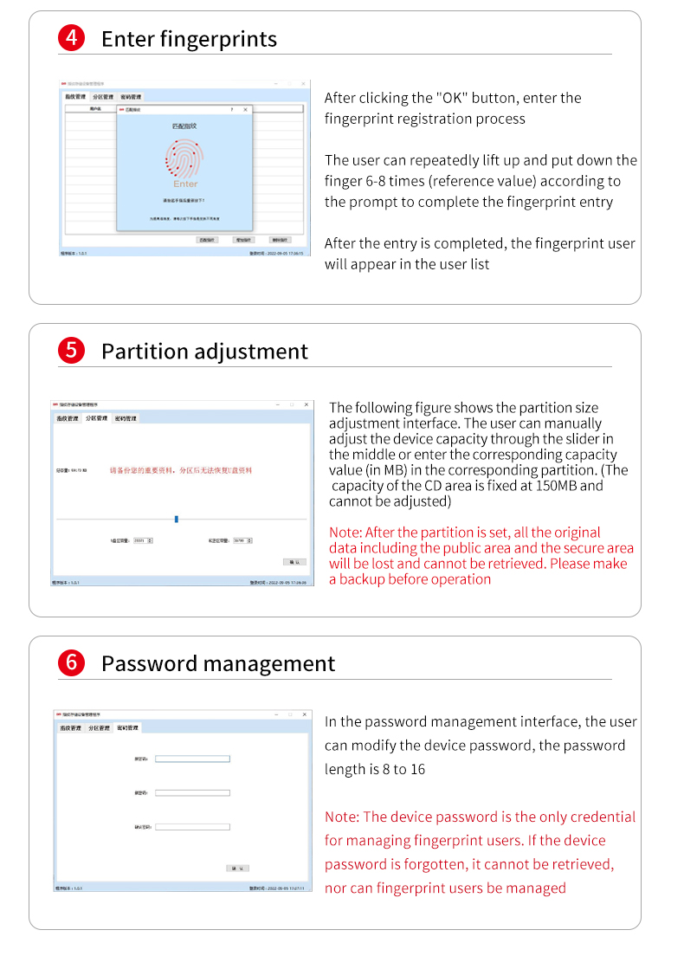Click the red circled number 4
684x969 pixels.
70,39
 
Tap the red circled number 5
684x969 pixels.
70,351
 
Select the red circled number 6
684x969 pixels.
70,663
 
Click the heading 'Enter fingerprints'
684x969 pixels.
189,39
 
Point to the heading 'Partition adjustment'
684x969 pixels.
204,351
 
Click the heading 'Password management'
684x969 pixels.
217,663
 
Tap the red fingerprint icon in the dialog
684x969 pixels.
184,158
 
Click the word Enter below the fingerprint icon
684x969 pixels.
185,184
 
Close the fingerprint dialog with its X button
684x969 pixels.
245,110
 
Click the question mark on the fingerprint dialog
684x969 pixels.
231,110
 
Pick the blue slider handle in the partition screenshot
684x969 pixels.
177,519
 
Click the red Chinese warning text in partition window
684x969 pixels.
181,470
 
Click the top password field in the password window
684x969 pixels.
192,759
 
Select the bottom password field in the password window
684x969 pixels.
192,827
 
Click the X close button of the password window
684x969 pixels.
304,714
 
